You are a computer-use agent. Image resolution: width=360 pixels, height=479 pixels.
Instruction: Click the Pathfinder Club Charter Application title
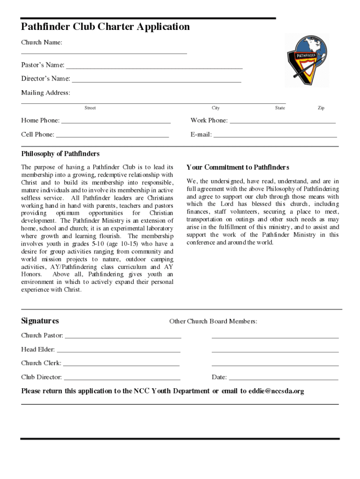pos(105,27)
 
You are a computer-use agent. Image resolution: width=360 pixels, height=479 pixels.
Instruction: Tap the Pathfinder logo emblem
pos(307,60)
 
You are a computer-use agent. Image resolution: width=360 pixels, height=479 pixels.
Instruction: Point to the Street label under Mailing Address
pos(90,108)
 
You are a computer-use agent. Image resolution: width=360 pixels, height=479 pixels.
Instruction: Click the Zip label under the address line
pos(321,108)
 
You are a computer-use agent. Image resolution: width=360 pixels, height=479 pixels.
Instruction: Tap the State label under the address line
pos(280,108)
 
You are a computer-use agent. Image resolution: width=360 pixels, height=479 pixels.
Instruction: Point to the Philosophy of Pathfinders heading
pos(60,154)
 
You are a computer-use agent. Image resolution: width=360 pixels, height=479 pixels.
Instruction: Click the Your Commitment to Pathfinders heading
pos(238,167)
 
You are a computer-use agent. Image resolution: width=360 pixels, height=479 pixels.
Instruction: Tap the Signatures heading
pos(40,321)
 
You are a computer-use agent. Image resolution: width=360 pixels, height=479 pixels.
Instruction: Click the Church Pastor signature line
pos(122,337)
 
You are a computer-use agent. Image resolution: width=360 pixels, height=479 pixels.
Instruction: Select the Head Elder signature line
pos(118,351)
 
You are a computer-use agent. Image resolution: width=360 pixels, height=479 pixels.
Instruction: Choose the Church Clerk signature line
pos(121,365)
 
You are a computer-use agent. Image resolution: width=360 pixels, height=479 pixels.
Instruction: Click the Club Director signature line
pos(122,379)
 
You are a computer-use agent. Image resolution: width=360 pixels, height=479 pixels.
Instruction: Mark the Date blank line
pos(283,379)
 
